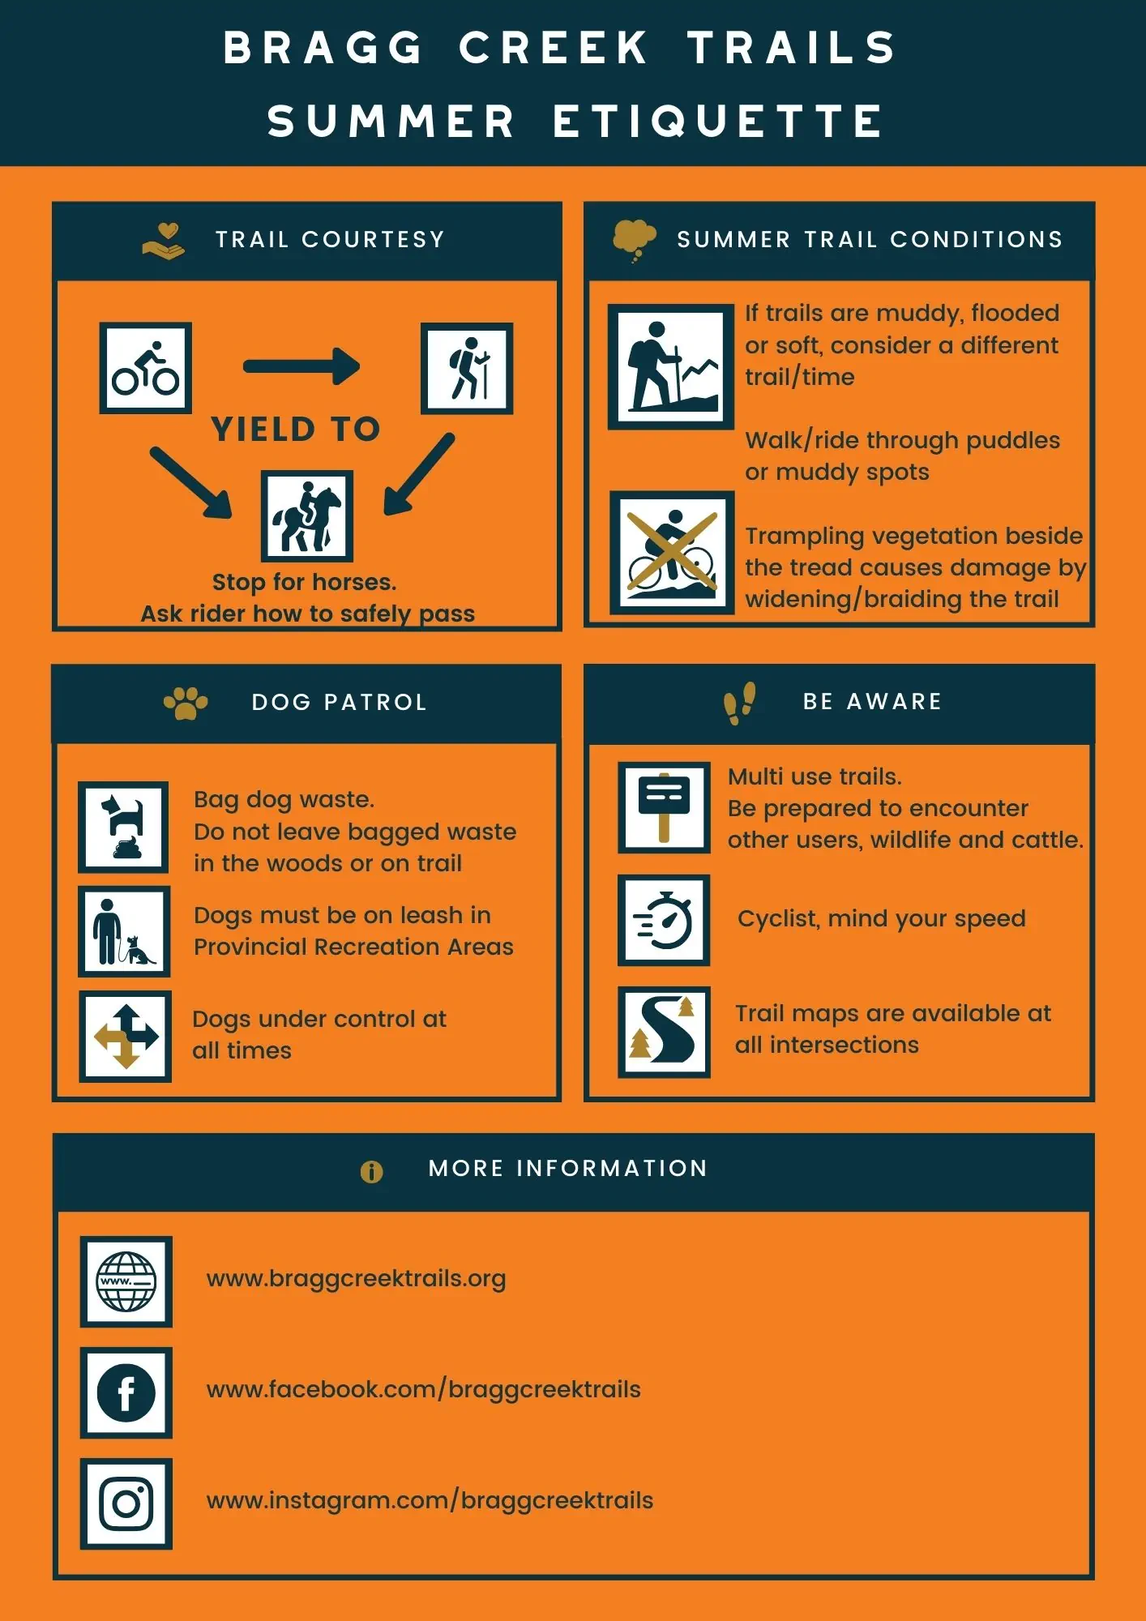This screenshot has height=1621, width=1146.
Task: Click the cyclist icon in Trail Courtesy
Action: tap(146, 368)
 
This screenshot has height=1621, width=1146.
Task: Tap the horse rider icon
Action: tap(306, 516)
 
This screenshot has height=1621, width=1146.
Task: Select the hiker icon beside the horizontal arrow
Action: tap(467, 368)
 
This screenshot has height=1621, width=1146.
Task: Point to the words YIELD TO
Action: tap(296, 429)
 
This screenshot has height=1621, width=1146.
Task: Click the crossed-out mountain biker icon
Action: tap(671, 552)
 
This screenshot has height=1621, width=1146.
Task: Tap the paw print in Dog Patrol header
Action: tap(186, 703)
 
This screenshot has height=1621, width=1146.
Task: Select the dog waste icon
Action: tap(123, 827)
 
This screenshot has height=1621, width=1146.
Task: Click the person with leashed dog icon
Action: tap(124, 931)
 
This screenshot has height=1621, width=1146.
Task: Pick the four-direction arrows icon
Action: tap(126, 1036)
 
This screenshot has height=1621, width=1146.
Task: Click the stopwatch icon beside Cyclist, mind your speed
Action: tap(664, 920)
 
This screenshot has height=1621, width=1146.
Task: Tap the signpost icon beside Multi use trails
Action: tap(664, 807)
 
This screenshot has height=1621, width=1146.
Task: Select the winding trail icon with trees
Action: tap(664, 1032)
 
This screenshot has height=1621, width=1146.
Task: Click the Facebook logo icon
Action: tap(126, 1392)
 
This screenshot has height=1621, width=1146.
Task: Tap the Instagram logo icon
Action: tap(126, 1503)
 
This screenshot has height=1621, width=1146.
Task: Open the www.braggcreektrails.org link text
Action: tap(356, 1279)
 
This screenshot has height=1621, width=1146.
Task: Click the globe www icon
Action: tap(126, 1281)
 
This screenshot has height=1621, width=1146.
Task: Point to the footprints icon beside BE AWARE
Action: tap(739, 702)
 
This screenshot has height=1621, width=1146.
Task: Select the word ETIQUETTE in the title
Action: tap(718, 122)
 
